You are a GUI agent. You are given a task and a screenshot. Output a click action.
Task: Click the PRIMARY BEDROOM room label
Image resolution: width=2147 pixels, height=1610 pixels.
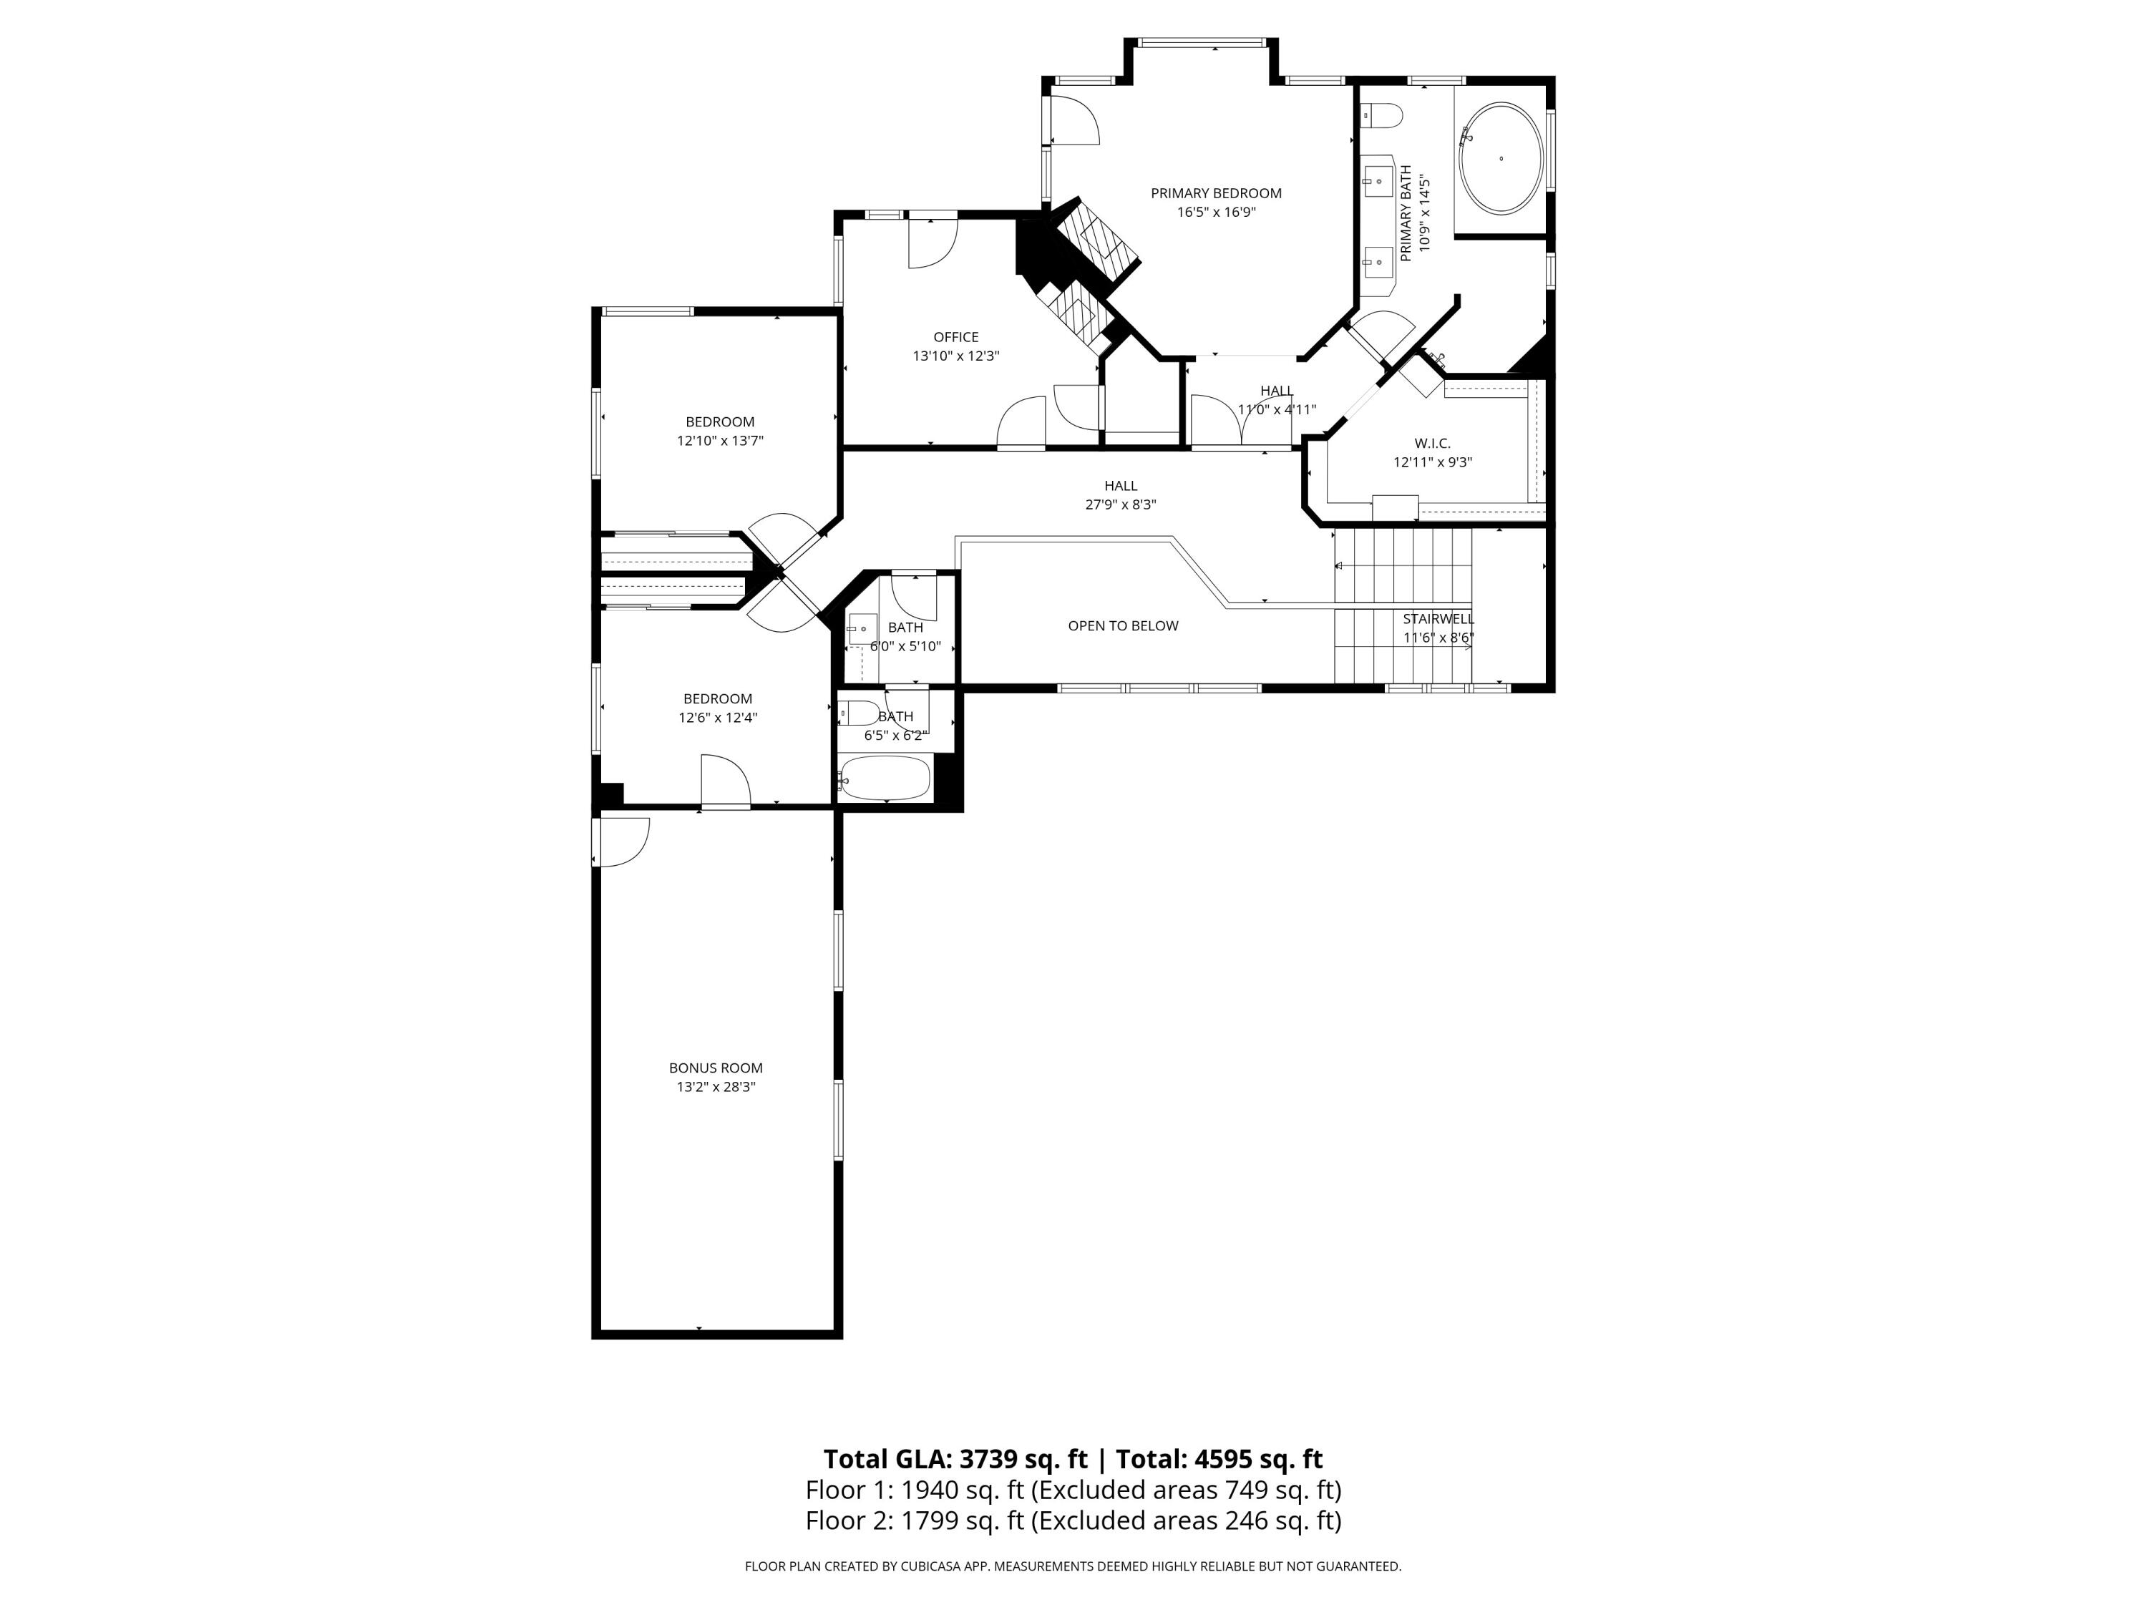[x=1215, y=193]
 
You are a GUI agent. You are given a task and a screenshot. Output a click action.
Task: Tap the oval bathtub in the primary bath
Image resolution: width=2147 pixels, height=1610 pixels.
[x=1501, y=158]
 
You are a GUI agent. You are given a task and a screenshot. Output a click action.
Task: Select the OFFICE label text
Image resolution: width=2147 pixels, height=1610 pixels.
[x=955, y=338]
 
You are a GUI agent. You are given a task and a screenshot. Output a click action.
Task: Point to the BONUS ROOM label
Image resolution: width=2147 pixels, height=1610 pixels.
[x=716, y=1068]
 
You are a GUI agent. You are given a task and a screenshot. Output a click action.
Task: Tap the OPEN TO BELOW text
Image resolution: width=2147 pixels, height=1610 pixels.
[x=1122, y=626]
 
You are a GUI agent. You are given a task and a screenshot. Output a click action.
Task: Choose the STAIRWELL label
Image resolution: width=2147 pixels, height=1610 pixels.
[x=1438, y=619]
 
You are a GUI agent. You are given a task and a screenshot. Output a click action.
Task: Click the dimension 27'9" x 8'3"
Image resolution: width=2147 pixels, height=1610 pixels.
[x=1120, y=504]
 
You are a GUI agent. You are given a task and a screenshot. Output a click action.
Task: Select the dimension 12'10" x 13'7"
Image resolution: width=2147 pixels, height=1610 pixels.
[x=719, y=441]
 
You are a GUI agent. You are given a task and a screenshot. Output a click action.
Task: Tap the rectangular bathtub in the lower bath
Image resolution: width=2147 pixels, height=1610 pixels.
[x=885, y=779]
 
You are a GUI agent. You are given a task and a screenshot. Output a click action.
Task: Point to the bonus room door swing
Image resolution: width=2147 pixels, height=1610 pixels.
[x=623, y=841]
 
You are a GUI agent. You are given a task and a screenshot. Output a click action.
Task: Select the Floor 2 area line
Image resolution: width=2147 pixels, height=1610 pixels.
[x=1073, y=1520]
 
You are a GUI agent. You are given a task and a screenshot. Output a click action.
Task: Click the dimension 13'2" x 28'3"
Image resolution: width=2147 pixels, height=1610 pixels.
[x=716, y=1087]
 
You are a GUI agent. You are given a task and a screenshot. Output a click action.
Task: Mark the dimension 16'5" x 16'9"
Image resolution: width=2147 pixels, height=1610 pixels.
[x=1215, y=213]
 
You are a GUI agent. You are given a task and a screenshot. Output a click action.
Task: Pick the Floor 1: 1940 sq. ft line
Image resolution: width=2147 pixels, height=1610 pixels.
[x=1073, y=1490]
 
